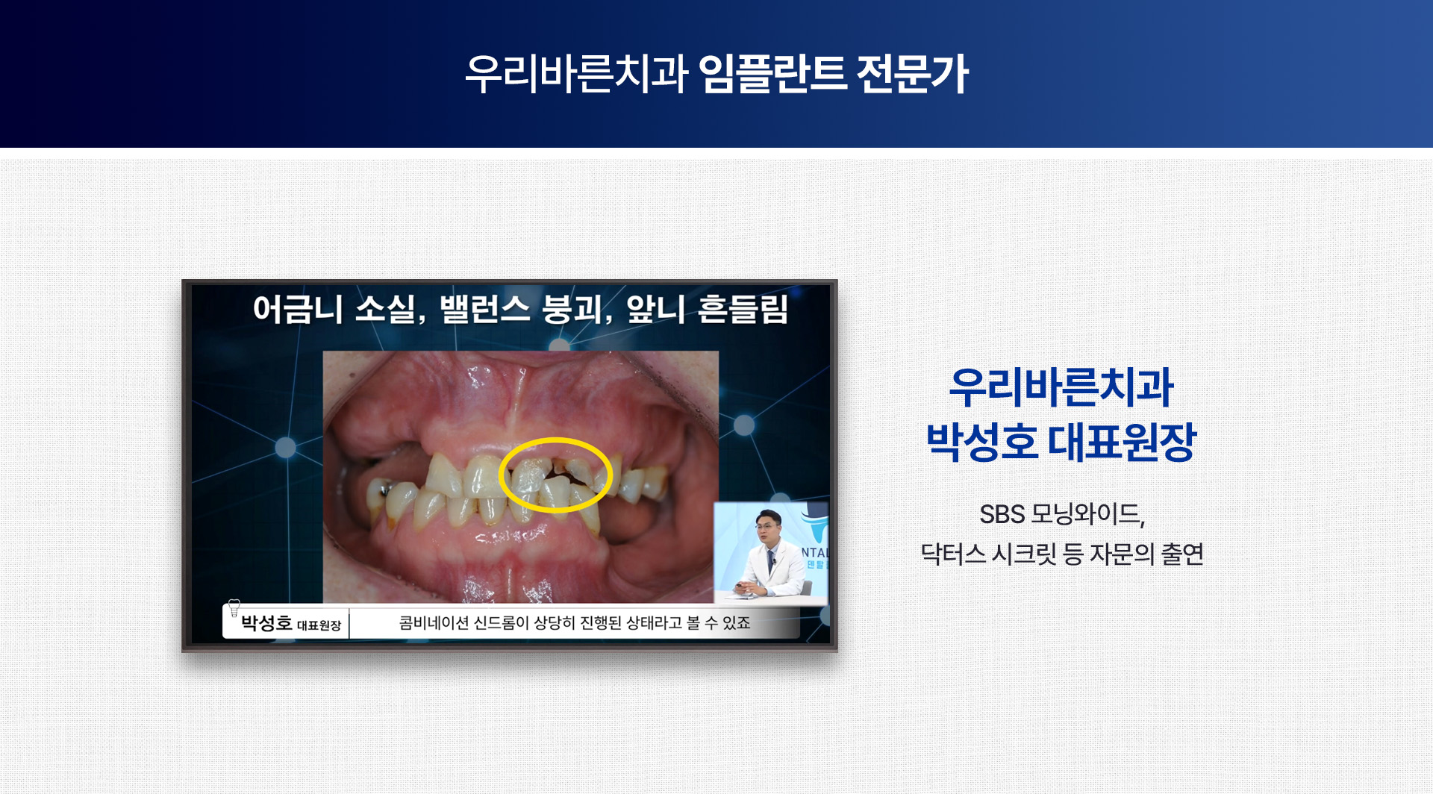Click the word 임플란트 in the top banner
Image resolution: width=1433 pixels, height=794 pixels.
(x=772, y=74)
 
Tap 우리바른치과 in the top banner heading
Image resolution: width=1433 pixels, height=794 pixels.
(x=576, y=74)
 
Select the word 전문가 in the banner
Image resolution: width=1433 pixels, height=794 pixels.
(x=912, y=74)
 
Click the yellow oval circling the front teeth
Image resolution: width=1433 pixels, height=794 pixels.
(x=555, y=440)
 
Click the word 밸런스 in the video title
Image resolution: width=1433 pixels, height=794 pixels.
(x=485, y=309)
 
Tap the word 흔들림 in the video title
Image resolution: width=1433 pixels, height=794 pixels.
(x=743, y=309)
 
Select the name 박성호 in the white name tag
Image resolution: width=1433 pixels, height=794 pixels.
(x=266, y=623)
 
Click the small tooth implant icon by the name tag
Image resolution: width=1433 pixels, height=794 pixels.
(x=234, y=607)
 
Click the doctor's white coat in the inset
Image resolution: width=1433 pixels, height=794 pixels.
(x=769, y=571)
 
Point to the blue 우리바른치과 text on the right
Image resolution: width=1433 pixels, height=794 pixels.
(x=1061, y=388)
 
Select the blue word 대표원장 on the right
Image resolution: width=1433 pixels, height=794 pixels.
(x=1123, y=442)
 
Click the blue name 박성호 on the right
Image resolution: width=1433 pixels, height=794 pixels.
(x=982, y=442)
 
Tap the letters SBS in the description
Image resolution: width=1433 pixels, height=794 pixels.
(x=1002, y=514)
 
